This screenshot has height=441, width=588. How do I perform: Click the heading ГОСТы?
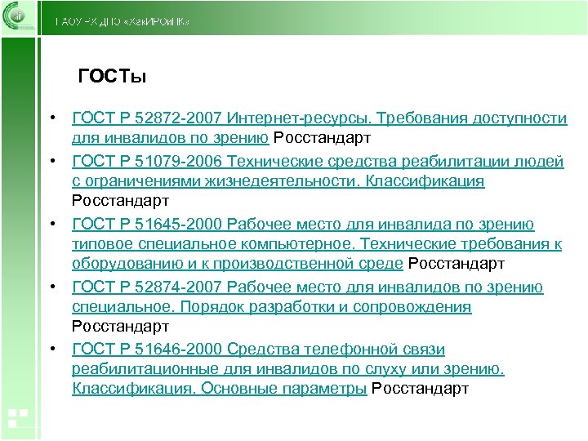[x=111, y=78]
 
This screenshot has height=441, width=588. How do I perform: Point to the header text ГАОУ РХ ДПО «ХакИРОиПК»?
[x=122, y=20]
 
